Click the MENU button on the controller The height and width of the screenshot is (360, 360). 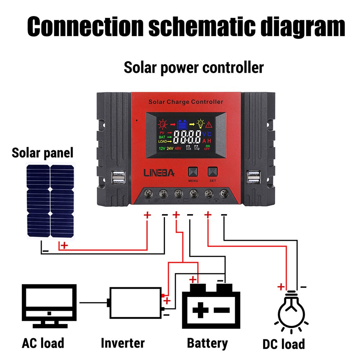click(x=193, y=171)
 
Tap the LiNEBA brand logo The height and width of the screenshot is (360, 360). click(x=159, y=173)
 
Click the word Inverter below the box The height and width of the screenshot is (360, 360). click(x=122, y=343)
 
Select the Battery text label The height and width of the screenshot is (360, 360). click(x=207, y=343)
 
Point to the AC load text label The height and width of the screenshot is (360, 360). click(x=43, y=343)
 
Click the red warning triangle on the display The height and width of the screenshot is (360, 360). click(x=209, y=125)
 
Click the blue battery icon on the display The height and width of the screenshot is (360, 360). click(x=182, y=125)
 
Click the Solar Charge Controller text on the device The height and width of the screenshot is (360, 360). click(x=186, y=102)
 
